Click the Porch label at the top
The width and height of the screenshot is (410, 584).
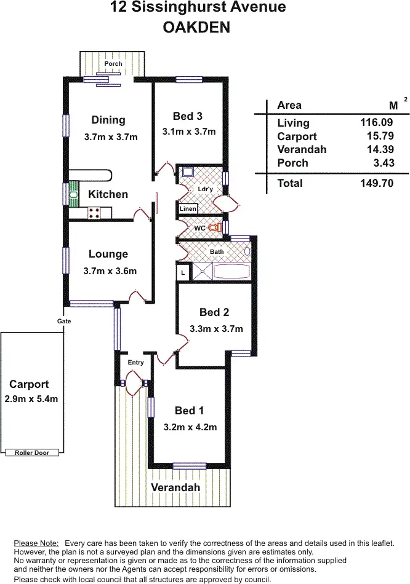tap(113, 64)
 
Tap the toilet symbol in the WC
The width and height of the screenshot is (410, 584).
tap(214, 227)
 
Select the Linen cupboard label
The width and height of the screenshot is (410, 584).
tap(188, 208)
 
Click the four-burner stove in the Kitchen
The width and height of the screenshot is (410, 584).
tap(94, 213)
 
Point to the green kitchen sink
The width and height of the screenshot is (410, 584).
tap(74, 194)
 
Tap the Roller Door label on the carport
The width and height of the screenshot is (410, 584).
tap(32, 453)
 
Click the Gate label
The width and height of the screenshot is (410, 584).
tap(64, 321)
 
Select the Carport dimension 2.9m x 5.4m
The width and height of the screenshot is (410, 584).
tap(31, 399)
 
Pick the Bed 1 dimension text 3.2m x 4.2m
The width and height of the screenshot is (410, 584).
tap(190, 427)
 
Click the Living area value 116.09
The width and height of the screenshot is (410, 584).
tap(376, 122)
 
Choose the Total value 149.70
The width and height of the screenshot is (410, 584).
tap(377, 183)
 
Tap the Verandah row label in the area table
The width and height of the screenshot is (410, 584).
tap(302, 149)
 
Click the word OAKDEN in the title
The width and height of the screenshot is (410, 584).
tap(196, 28)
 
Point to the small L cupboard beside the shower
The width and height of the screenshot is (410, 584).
tap(183, 272)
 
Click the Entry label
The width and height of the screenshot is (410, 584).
tap(135, 363)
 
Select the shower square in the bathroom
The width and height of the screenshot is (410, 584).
tap(202, 272)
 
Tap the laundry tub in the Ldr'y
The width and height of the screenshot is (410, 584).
tap(188, 172)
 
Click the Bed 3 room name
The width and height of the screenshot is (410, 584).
tap(188, 116)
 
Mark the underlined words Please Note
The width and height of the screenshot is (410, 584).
tap(36, 543)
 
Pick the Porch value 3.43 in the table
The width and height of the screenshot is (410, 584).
tap(384, 163)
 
